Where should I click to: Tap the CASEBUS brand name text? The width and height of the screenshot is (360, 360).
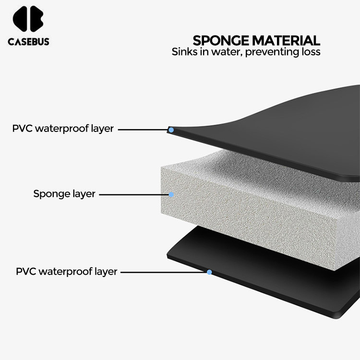click(x=28, y=42)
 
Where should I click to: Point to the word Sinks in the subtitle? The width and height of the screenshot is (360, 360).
click(x=185, y=52)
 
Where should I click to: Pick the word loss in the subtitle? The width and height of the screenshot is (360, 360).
click(x=310, y=52)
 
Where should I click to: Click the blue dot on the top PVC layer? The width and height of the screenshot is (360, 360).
click(x=170, y=129)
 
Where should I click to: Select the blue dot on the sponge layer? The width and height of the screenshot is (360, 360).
click(x=171, y=194)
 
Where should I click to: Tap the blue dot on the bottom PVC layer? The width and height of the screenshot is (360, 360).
click(x=209, y=272)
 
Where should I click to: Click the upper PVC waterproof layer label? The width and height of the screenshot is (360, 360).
click(x=63, y=129)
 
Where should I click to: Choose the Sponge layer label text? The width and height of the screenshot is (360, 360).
click(x=64, y=194)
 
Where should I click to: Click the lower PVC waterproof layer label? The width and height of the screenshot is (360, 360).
click(x=67, y=271)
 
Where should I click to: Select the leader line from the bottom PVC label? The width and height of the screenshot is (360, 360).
click(x=163, y=272)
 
